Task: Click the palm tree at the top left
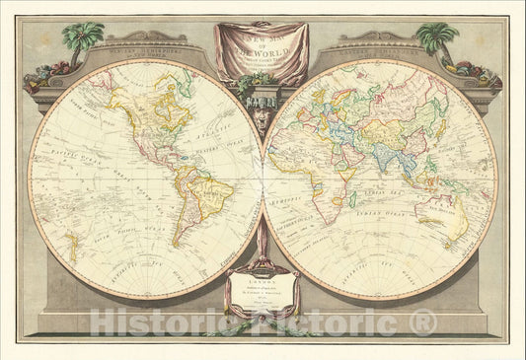pos(83,37)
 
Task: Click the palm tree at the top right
pos(435,37)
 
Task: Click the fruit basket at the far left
pos(42,73)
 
